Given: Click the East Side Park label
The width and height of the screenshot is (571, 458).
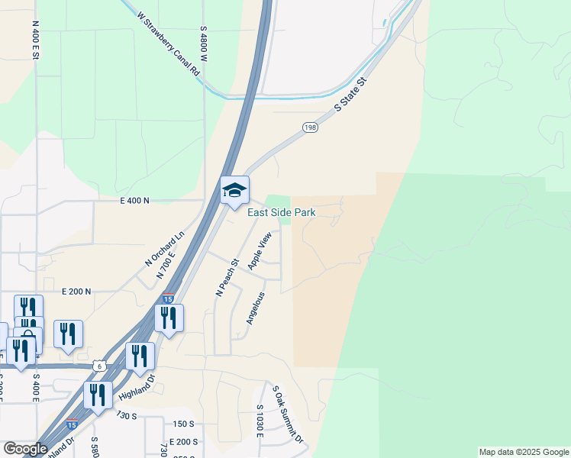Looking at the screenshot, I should coord(281,213).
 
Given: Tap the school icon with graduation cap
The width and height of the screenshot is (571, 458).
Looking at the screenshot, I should coord(234,190).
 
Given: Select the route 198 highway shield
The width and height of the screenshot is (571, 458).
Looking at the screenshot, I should coord(309,127).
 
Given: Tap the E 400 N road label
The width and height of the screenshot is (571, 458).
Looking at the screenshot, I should coord(135,200).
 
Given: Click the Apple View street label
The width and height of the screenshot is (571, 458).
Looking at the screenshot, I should coord(260,250).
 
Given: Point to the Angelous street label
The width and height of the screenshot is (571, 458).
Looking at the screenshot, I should coord(255,308).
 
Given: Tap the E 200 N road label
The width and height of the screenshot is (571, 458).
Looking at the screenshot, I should coord(76,292).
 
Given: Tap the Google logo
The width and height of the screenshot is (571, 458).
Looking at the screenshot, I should coord(25,449).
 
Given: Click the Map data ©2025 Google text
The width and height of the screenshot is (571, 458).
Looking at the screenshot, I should coord(524,452).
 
